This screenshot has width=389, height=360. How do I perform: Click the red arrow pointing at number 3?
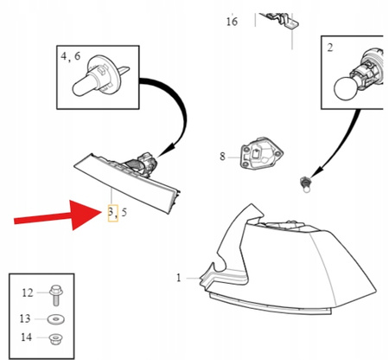click(58, 215)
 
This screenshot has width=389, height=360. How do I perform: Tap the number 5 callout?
click(124, 213)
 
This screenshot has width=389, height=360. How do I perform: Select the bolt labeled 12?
click(56, 295)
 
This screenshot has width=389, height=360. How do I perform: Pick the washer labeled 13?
click(55, 319)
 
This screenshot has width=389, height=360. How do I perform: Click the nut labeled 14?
click(55, 338)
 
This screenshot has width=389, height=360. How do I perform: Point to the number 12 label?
click(28, 293)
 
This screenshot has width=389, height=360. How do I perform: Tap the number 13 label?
click(25, 318)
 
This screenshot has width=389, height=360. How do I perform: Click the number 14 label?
click(27, 337)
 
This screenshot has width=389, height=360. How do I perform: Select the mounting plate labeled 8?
click(261, 153)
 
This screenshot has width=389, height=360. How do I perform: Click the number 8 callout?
click(222, 157)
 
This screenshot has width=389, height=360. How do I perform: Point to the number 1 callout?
click(179, 278)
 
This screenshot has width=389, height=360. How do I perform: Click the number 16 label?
click(232, 22)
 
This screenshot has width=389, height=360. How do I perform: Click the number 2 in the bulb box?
click(330, 48)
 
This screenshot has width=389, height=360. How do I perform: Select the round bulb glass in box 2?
click(345, 88)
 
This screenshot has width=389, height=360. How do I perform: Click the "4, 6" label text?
click(71, 56)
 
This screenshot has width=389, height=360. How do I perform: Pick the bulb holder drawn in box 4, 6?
click(98, 75)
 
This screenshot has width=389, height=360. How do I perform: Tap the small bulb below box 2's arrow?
click(305, 184)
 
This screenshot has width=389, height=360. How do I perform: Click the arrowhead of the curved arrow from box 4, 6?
click(165, 149)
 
